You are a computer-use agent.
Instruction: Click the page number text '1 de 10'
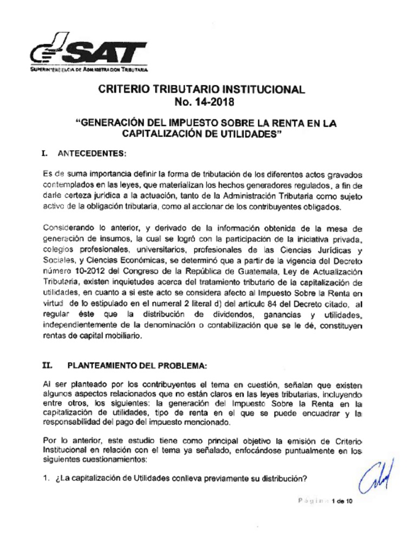(x=342, y=501)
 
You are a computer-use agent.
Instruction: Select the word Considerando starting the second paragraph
(x=65, y=229)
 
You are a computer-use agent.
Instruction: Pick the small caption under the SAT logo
(x=89, y=70)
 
